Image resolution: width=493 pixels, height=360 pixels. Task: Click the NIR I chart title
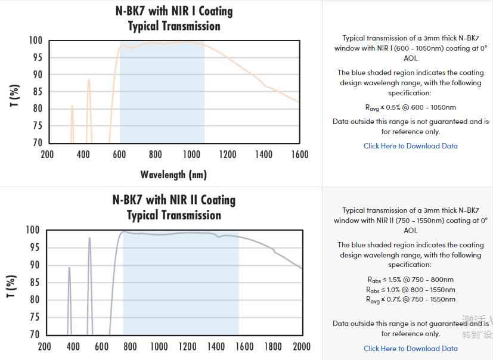174,18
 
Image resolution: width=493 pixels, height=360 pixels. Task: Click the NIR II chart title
174,207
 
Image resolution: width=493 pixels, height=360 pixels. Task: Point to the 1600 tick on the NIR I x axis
300,154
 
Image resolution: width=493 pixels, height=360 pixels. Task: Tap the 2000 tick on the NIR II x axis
302,346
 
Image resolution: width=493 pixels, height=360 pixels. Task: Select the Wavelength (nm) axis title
173,175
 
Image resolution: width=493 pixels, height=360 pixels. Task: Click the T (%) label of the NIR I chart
15,95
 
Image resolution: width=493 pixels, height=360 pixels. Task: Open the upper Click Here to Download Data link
411,146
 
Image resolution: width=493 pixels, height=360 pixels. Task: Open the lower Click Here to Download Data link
411,349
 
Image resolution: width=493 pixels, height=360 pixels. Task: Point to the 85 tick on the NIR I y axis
37,91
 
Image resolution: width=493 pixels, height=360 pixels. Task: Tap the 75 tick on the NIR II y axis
34,317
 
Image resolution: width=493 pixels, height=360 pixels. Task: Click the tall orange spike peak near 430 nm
89,80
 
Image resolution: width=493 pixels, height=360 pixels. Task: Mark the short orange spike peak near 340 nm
72,106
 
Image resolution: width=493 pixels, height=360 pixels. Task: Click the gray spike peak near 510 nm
89,238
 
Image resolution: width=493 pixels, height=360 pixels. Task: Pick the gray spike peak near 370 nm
69,268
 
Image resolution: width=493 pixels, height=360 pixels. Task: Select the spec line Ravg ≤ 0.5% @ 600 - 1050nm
411,108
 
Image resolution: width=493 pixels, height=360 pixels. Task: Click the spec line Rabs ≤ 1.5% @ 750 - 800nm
411,280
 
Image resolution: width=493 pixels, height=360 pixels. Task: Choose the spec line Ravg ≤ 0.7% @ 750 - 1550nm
411,300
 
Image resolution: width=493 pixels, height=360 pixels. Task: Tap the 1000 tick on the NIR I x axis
191,154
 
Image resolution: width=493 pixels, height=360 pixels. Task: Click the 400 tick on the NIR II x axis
73,346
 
